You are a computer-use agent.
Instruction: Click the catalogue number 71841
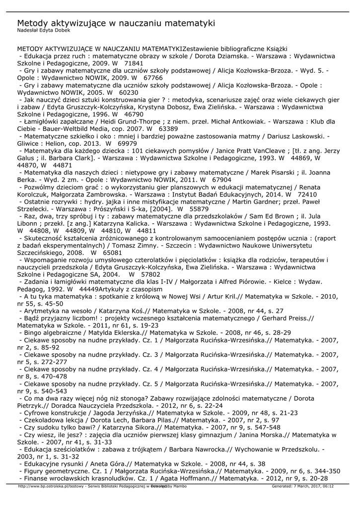click(134, 64)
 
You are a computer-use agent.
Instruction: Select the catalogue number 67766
click(152, 78)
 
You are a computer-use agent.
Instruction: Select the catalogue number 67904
click(221, 179)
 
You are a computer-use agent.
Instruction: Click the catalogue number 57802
click(151, 274)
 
